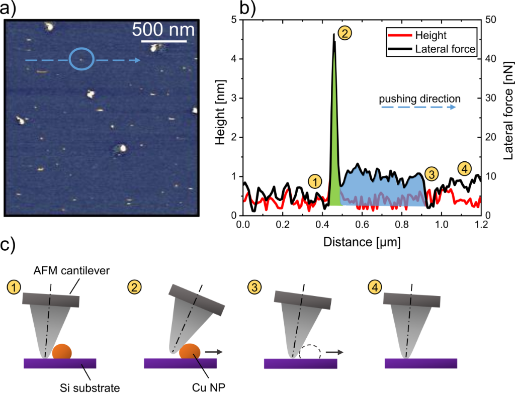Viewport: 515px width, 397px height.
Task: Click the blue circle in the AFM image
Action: pos(81,58)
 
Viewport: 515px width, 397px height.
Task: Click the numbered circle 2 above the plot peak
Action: pos(346,33)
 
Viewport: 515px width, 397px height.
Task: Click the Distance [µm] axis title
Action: pos(362,242)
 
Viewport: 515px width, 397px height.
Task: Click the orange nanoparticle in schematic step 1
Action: pos(61,351)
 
